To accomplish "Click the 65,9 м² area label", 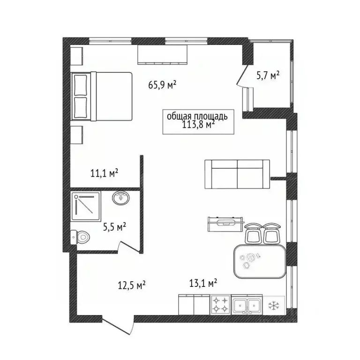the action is point(162,85).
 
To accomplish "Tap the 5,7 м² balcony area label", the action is point(268,75).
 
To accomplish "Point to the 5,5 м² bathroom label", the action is point(114,227).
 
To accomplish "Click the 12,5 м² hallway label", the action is point(132,285).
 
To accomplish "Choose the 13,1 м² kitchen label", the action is point(203,283).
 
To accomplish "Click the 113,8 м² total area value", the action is point(199,124).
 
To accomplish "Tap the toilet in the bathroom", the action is point(80,237).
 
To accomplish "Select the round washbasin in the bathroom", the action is point(121,198).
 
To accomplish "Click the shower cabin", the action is point(86,206).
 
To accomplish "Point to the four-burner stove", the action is point(220,305).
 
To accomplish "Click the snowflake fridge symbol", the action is point(274,305).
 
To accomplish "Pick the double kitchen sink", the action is point(247,305).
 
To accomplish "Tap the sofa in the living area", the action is point(237,174).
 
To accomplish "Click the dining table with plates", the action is point(260,262).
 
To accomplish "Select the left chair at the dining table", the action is point(254,233).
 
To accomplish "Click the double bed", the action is point(102,96).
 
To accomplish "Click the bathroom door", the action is point(129,247).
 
